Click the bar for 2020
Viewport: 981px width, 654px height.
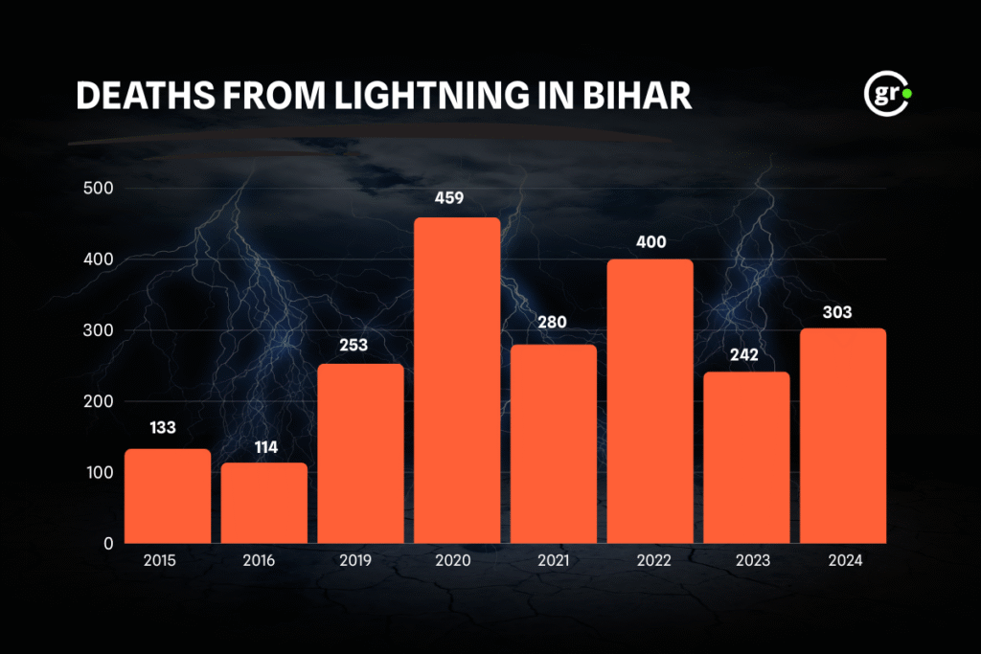click(457, 380)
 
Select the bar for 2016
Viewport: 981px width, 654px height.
click(264, 503)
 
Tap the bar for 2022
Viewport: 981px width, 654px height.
click(650, 401)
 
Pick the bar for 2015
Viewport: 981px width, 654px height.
click(168, 496)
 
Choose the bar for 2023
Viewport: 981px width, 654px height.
click(746, 458)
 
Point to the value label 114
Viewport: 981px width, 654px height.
click(264, 447)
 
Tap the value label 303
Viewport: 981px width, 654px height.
click(843, 312)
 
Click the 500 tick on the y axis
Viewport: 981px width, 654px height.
click(98, 189)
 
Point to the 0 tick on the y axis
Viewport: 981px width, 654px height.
click(107, 543)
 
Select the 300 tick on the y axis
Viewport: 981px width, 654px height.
click(98, 330)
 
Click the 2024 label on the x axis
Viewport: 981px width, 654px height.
click(843, 561)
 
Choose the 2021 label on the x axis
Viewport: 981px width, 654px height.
click(554, 561)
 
